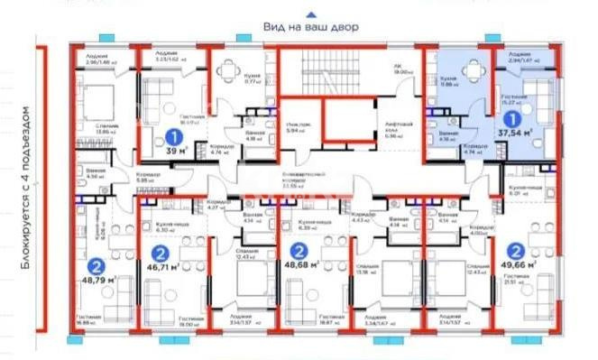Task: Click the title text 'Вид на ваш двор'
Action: (310, 27)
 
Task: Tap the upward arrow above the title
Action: (310, 13)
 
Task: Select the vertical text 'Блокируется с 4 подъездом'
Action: (28, 180)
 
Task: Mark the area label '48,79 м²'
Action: (97, 280)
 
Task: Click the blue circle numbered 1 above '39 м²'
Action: (171, 137)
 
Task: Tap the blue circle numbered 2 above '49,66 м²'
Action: (516, 251)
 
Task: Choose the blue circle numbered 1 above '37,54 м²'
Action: (513, 117)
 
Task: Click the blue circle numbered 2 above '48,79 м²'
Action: (97, 264)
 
